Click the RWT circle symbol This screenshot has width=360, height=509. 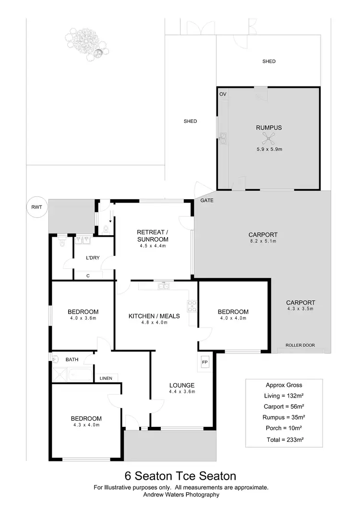coord(36,207)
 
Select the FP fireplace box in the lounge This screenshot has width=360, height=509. coord(204,362)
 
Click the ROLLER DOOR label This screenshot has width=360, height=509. coord(300,345)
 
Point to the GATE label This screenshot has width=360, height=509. coord(207,200)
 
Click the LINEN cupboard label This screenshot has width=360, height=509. coord(106,378)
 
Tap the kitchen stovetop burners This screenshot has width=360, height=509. coord(192,306)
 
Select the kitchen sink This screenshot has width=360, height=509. coord(164,286)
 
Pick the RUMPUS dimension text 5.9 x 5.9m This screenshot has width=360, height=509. coord(269,149)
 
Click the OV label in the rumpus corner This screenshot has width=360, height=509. coord(223,94)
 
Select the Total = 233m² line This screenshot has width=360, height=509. coord(287,439)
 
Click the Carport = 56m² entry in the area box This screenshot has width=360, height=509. coord(287,406)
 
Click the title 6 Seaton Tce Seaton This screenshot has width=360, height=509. coord(180,476)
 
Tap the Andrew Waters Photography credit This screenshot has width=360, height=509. coord(180,494)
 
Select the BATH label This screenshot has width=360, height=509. coord(72,359)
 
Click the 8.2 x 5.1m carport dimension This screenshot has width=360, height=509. coord(263,242)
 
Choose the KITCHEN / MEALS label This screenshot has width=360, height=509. coord(154,315)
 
